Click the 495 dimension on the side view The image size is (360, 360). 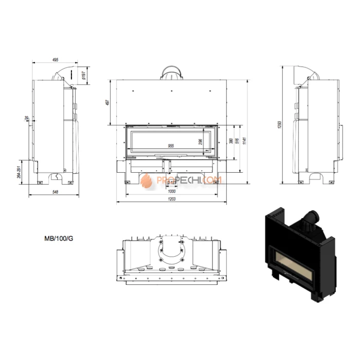[x=55, y=60]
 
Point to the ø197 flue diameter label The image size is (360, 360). [x=83, y=76]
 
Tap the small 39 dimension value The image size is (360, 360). [x=27, y=119]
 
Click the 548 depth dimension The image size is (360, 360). [x=56, y=192]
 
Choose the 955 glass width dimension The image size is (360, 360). [x=171, y=146]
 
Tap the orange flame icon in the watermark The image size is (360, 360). [x=147, y=180]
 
